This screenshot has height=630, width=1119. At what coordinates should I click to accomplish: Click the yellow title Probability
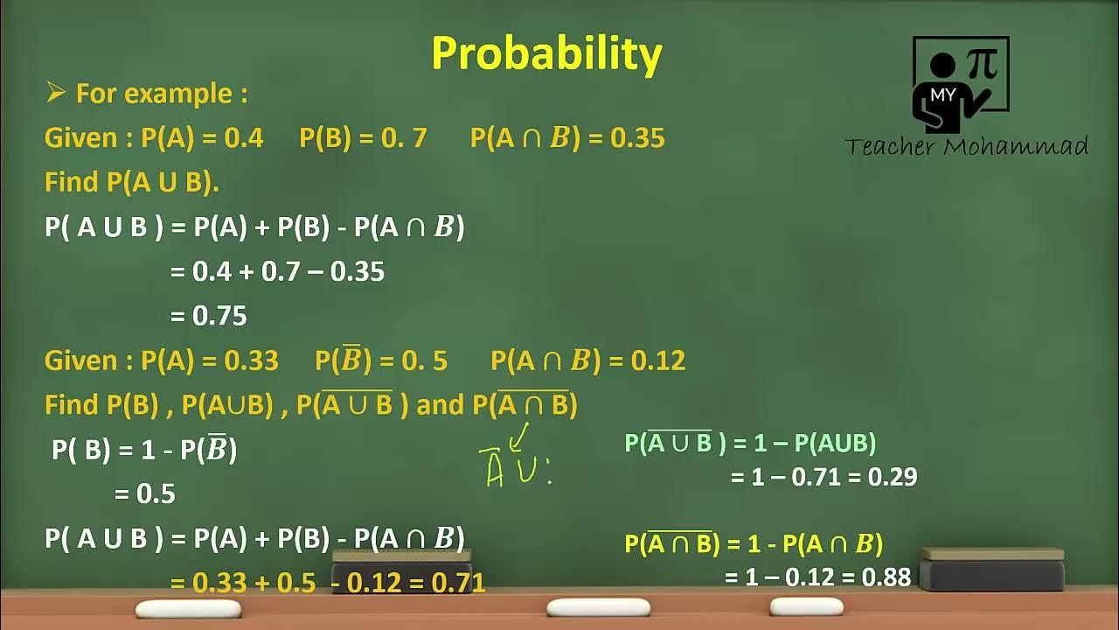pos(546,54)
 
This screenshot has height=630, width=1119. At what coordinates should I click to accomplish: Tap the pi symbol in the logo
pos(983,64)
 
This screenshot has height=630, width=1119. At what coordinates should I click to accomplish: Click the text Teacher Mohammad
pos(966,146)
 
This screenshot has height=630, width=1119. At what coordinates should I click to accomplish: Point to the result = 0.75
pos(209,316)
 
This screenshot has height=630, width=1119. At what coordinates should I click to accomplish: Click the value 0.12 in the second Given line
pos(657,360)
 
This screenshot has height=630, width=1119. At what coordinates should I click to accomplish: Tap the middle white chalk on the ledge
pos(586,607)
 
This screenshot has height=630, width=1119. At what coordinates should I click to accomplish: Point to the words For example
pos(162,94)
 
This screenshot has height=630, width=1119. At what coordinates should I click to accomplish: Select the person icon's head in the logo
pos(942,65)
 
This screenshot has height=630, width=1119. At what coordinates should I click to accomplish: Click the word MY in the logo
pos(942,94)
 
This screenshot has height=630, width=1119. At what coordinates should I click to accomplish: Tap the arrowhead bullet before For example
pos(56,93)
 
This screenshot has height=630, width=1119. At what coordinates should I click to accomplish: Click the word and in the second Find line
pos(441,405)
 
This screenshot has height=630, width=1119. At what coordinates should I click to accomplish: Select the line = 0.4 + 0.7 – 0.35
pos(277,271)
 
